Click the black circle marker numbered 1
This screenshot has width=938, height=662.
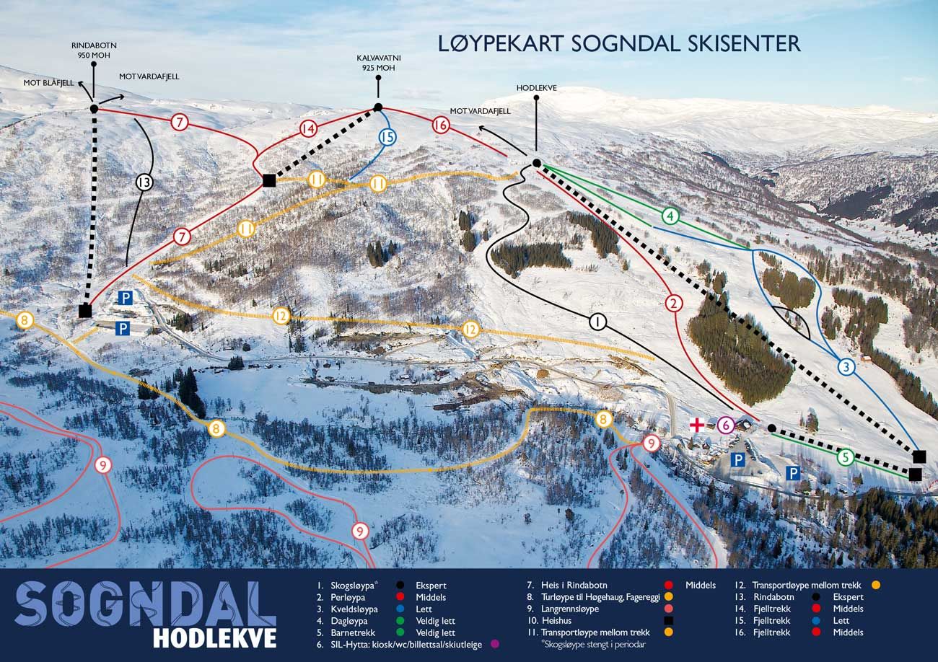point(597,322)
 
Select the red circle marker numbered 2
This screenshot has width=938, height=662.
point(674,303)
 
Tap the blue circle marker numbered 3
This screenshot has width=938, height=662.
point(846,367)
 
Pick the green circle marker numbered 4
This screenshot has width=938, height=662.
point(671,216)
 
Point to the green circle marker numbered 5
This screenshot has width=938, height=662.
point(846,457)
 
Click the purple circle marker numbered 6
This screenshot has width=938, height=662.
point(726,425)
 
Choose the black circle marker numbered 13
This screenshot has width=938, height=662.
point(144,182)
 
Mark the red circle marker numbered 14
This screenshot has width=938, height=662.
point(309,129)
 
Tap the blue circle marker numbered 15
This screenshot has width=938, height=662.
point(387,136)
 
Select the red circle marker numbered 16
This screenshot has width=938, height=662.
point(441,125)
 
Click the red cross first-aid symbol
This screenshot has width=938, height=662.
point(697,425)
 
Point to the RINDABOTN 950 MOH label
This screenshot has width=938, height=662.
point(94,50)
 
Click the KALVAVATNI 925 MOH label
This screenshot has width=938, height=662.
point(377,62)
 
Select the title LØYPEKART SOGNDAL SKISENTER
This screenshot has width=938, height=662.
point(619,43)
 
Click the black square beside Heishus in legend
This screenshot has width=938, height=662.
point(669,620)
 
